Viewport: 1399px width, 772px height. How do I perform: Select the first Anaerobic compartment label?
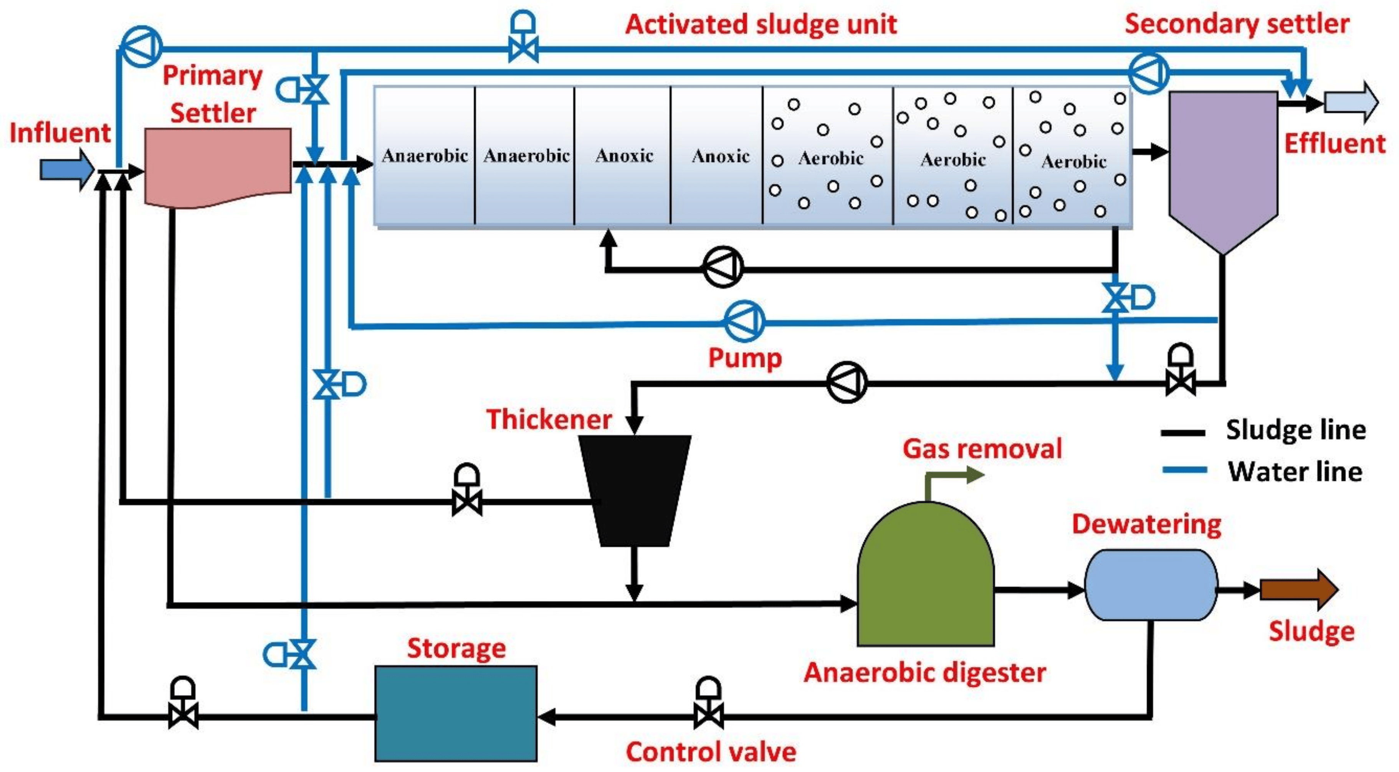click(x=425, y=156)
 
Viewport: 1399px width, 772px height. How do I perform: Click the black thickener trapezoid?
click(x=634, y=488)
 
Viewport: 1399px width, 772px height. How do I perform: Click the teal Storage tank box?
click(x=456, y=713)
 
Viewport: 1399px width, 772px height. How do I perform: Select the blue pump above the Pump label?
click(x=744, y=322)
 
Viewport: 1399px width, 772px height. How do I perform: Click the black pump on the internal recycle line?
click(x=722, y=267)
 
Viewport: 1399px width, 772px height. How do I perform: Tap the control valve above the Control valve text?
click(x=708, y=706)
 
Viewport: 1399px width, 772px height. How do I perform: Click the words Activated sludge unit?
click(x=760, y=25)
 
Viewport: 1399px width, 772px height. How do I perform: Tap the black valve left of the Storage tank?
click(x=183, y=706)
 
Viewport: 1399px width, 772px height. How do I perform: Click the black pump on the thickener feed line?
click(x=847, y=383)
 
